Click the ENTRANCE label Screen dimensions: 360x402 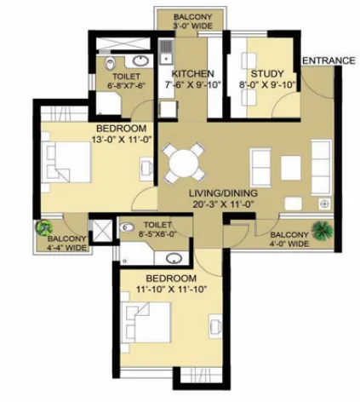[329, 60]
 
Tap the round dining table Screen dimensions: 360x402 [184, 164]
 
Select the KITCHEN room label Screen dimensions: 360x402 [192, 74]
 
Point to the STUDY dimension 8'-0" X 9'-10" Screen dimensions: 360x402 [267, 85]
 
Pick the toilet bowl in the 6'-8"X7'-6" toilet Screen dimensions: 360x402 [110, 64]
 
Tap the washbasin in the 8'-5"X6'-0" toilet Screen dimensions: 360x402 [174, 258]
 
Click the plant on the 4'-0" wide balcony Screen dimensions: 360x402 [322, 229]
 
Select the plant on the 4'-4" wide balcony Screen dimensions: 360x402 [44, 228]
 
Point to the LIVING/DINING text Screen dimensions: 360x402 [223, 193]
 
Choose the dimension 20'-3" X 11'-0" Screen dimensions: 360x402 [223, 204]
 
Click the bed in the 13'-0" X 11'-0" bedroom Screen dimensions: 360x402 [66, 162]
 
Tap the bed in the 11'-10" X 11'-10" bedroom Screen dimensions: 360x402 [146, 322]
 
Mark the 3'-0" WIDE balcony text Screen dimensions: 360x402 [192, 26]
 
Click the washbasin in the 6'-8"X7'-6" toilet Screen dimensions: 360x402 [140, 60]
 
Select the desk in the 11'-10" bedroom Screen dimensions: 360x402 [215, 326]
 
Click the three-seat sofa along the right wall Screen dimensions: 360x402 [321, 167]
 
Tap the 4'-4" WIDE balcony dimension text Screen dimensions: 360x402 [67, 248]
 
